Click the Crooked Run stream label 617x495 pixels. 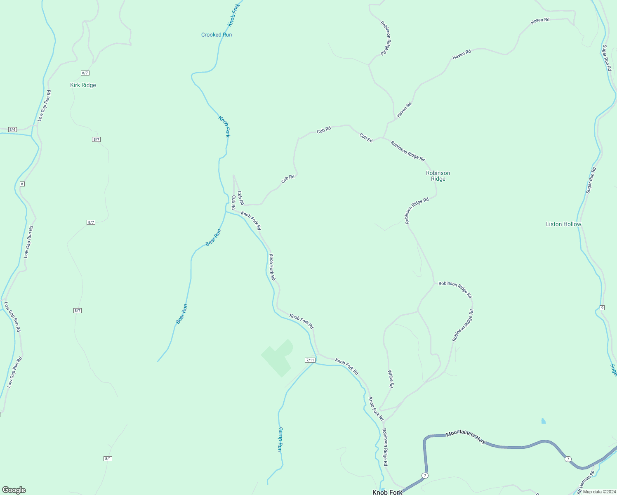tap(217, 35)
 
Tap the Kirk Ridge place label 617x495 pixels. tap(83, 85)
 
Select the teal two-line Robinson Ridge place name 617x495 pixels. tap(438, 176)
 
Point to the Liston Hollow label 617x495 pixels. tap(563, 224)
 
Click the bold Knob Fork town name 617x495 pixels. tap(387, 492)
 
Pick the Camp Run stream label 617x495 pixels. tap(280, 439)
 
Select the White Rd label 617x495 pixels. tap(391, 379)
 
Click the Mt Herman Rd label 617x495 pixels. tap(586, 482)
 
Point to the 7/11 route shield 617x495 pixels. tap(310, 360)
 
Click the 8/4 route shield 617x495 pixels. tap(12, 130)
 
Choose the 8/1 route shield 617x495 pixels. tap(108, 458)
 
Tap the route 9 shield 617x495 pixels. tap(602, 308)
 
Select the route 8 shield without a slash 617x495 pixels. tap(22, 184)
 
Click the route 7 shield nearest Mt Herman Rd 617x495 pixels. tap(568, 459)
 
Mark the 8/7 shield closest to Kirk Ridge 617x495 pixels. tap(85, 73)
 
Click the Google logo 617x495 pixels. tap(14, 490)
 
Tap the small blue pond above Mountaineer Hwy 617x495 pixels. tap(543, 421)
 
